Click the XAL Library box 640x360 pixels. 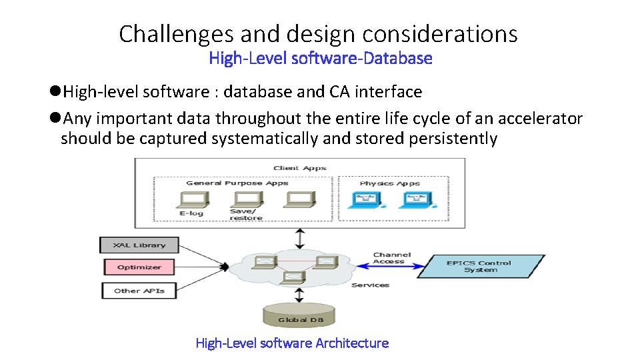[139, 245]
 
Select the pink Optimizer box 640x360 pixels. [139, 267]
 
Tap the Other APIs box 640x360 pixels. [139, 291]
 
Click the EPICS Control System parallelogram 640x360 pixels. [481, 266]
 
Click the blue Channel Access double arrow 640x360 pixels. [391, 267]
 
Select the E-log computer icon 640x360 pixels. [191, 199]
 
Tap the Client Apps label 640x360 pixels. [300, 168]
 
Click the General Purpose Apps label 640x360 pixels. [237, 183]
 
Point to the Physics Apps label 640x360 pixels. [389, 183]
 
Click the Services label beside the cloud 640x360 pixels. [370, 285]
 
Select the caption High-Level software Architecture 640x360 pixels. [292, 343]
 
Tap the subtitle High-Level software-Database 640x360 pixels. [321, 59]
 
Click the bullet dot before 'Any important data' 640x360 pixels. [55, 119]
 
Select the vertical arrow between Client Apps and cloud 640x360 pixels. [301, 238]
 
